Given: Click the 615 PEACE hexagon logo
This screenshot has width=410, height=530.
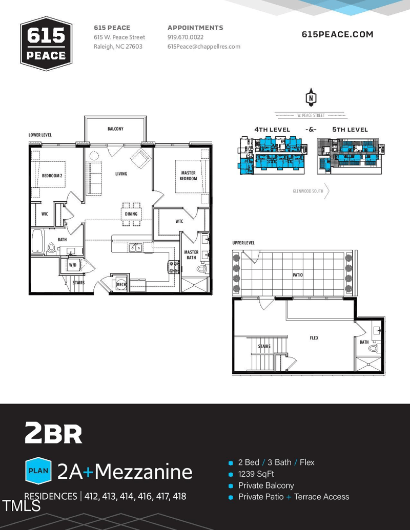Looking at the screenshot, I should coord(46,44).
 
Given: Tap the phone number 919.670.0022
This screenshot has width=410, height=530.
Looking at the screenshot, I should coord(186,37).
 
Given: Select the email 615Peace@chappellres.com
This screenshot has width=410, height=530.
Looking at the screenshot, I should coord(203,47).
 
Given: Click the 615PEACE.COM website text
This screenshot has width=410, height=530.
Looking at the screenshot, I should coord(337,34).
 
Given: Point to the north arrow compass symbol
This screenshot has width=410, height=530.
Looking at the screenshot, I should coord(311,97).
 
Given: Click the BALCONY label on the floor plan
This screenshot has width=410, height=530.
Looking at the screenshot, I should coord(115,129).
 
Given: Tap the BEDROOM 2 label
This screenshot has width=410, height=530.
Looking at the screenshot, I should coord(52,176).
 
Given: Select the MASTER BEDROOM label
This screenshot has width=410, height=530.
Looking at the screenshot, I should coord(188,176).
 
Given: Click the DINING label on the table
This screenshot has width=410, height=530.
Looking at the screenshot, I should coord(131,214).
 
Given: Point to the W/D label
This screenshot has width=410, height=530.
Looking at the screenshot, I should coord(73,265).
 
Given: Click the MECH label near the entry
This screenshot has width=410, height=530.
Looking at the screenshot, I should coord(121,284).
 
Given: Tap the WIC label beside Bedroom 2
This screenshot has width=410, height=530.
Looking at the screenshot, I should coord(45,214).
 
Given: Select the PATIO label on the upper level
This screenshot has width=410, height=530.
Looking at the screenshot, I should coord(297,275).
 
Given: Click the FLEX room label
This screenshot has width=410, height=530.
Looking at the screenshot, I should coord(314,338).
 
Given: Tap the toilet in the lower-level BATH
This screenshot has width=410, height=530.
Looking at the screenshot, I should coord(51,248).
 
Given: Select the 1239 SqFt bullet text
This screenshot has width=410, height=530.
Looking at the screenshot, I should coord(256,474).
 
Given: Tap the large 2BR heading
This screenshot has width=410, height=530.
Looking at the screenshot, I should coord(53,433).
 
